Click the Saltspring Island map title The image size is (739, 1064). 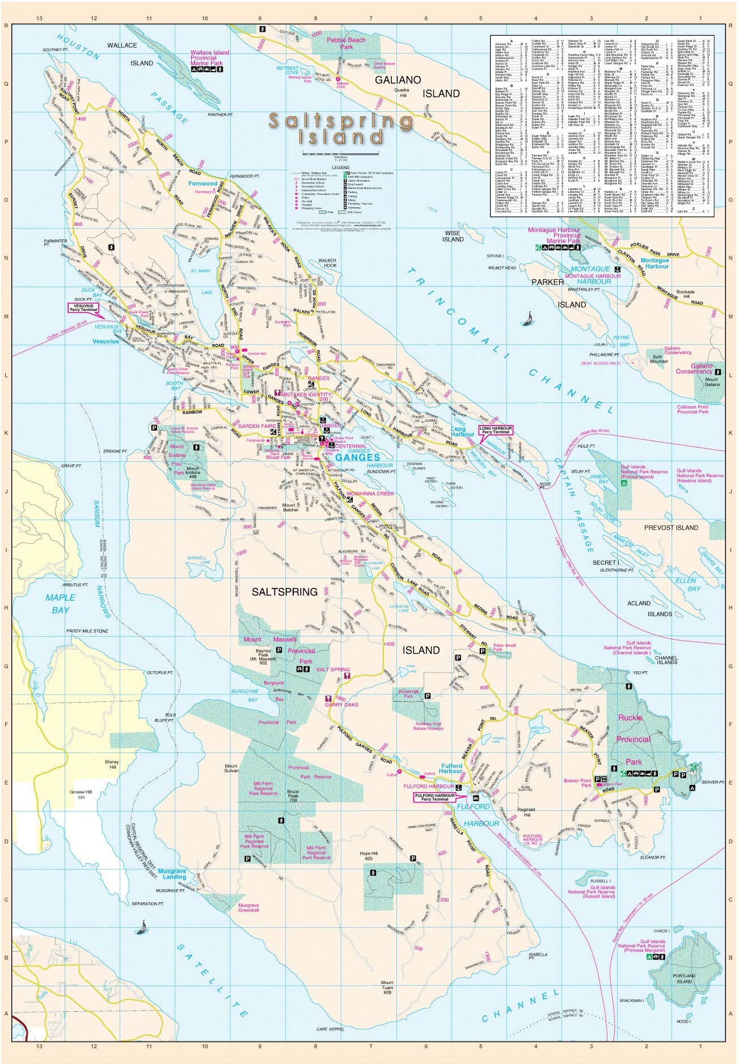(341, 128)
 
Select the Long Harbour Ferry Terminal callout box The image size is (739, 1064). (496, 430)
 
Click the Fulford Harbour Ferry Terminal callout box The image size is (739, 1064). (435, 797)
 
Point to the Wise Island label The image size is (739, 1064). (453, 236)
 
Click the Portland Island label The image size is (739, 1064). (684, 978)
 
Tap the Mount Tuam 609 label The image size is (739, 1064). (387, 987)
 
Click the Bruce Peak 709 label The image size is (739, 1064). (293, 795)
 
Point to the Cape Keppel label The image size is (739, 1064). (330, 1029)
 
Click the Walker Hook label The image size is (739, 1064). (327, 263)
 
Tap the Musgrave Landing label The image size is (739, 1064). (172, 873)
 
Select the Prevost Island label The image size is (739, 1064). (671, 527)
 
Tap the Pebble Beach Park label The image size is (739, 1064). (346, 43)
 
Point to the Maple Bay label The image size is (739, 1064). (60, 603)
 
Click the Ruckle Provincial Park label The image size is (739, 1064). (632, 739)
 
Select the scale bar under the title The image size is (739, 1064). (341, 153)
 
